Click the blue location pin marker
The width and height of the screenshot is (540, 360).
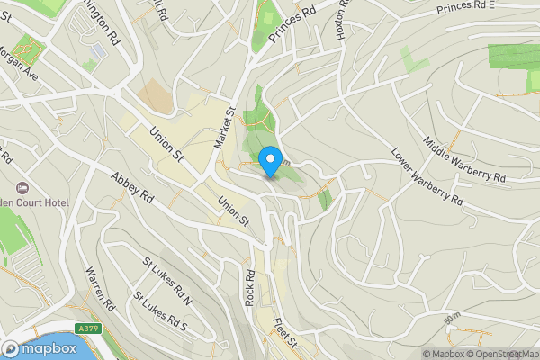pyautogui.click(x=269, y=163)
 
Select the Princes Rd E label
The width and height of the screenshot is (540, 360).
pyautogui.click(x=466, y=9)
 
